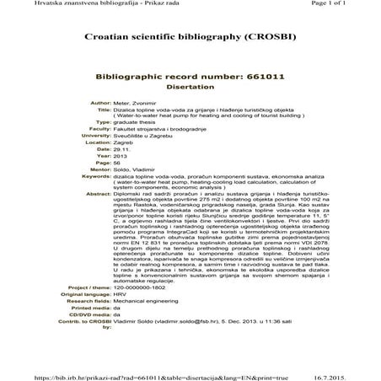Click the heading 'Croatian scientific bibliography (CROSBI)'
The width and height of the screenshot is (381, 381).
coord(190,39)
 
